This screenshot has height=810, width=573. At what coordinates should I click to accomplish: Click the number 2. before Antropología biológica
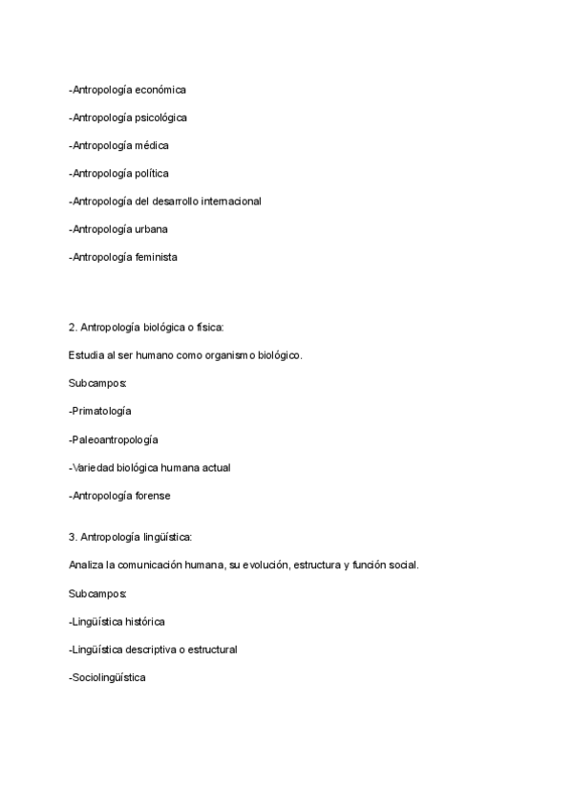point(74,327)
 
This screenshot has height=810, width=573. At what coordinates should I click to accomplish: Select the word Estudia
point(86,354)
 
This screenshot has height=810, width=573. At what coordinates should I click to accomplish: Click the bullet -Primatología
point(100,410)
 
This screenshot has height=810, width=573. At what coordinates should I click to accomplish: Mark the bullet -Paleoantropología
point(114,439)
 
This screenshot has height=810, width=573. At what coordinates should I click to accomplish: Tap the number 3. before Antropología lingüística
point(74,537)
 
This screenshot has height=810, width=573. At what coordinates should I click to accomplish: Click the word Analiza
point(87,565)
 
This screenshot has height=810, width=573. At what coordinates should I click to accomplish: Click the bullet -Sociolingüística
point(109,676)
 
